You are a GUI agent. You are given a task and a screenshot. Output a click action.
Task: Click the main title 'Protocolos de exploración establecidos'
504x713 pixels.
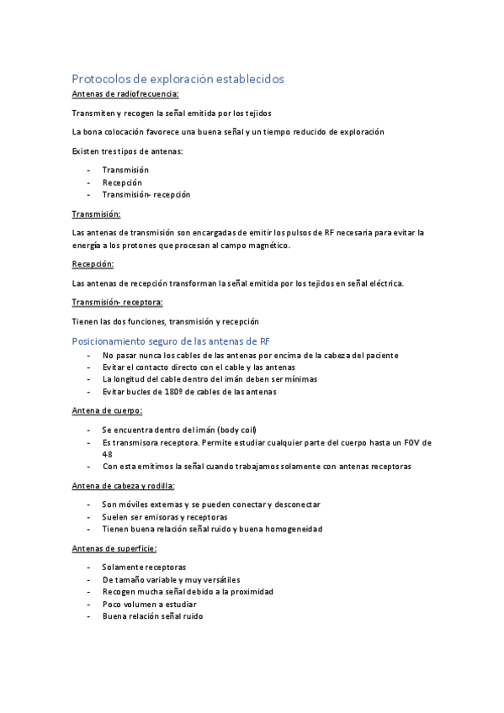[178, 78]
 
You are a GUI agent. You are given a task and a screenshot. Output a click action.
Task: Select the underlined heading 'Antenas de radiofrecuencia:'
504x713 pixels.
[125, 94]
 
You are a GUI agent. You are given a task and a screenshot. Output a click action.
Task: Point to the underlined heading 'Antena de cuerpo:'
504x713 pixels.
[107, 410]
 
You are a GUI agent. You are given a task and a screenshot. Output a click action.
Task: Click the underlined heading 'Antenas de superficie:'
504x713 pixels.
[114, 548]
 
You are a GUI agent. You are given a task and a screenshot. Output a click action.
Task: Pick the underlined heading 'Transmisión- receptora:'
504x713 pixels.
[118, 302]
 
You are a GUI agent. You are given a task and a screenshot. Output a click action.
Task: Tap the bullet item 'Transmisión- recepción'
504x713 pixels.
[146, 194]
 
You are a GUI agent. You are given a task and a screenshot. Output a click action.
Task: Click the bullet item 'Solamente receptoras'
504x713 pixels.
[144, 567]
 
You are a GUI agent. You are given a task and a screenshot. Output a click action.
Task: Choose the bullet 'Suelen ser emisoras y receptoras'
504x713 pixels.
[165, 516]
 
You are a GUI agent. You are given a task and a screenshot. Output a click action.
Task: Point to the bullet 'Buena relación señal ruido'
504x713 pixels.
[153, 616]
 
